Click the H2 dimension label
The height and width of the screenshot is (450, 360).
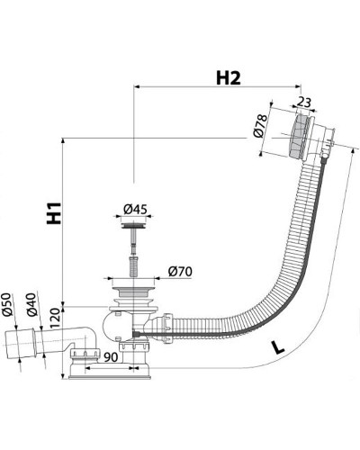229,78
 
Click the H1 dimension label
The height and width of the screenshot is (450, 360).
54,213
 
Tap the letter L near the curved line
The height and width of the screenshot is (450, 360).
278,347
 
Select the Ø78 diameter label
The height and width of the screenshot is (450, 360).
260,126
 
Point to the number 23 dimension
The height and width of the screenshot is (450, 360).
304,103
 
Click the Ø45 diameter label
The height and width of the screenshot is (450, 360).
135,209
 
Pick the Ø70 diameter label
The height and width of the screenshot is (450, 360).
180,272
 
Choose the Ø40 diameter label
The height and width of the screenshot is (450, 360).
31,304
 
